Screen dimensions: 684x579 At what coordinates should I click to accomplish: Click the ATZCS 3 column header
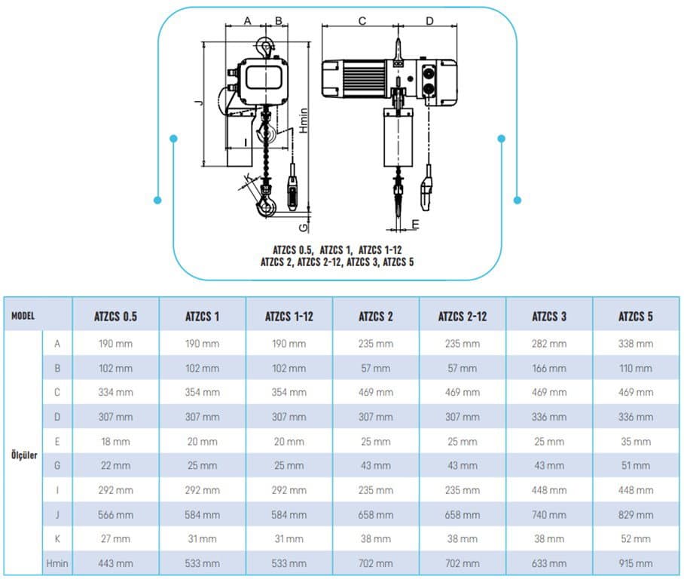[548, 316]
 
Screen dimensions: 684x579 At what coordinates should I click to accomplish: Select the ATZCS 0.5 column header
[115, 316]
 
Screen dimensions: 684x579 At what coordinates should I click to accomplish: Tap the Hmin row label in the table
[57, 563]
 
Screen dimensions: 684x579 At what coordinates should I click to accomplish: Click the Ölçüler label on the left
[24, 455]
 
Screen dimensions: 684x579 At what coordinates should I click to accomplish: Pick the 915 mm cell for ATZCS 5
[636, 563]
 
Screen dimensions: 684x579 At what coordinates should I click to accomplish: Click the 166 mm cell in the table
[548, 368]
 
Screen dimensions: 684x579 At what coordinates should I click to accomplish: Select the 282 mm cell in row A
[548, 344]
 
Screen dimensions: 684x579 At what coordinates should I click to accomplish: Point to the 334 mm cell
[115, 392]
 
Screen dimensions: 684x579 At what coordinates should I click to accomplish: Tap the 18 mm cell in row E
[115, 442]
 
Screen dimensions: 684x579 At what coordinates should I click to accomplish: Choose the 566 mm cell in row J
[115, 515]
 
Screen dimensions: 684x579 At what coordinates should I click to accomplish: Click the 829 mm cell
[636, 515]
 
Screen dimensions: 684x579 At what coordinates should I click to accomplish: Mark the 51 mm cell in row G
[636, 465]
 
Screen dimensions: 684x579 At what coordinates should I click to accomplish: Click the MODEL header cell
[23, 316]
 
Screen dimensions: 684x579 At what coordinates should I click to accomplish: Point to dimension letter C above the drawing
[362, 20]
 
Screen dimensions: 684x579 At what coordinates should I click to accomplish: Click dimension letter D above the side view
[429, 20]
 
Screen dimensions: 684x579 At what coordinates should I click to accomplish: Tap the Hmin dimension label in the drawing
[304, 121]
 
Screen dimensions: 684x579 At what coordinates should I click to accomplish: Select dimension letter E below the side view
[415, 224]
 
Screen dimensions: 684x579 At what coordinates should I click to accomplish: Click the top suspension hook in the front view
[265, 47]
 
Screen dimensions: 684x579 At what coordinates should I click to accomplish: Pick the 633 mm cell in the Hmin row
[548, 563]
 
